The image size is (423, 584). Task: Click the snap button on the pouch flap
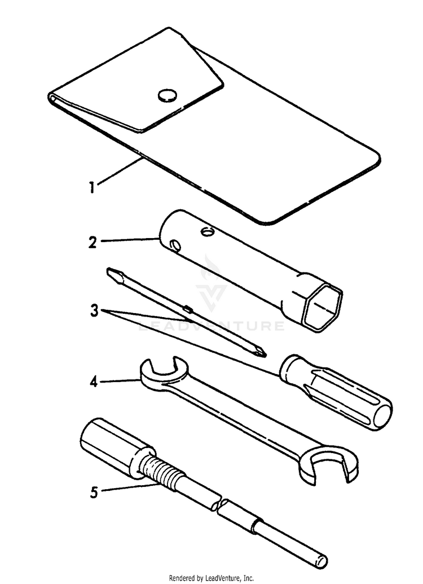(x=167, y=95)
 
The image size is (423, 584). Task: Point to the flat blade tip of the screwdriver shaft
(x=112, y=275)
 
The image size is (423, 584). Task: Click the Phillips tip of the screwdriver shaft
(x=260, y=352)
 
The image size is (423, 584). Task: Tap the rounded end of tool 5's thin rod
(x=323, y=561)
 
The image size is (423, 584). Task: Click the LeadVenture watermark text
(x=211, y=326)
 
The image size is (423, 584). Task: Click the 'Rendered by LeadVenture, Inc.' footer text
(x=211, y=578)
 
